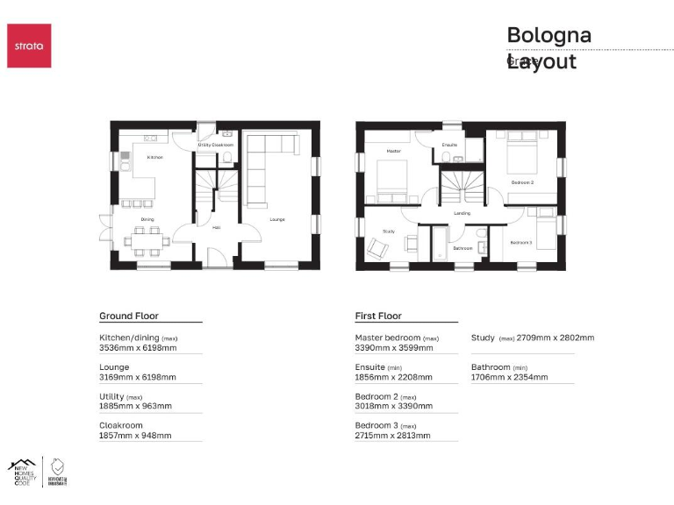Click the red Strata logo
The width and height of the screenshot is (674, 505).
point(29,46)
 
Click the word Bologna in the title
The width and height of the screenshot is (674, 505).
point(549,36)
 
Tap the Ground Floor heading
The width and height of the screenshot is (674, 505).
point(128,316)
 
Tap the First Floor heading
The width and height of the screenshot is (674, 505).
point(377,316)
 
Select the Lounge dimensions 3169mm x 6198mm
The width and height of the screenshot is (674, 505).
point(138,378)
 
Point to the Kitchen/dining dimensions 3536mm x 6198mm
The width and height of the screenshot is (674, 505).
point(138,348)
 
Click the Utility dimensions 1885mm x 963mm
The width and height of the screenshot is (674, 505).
point(135,407)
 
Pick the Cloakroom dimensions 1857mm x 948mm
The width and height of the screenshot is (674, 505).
point(135,436)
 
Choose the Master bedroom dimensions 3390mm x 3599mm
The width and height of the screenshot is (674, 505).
point(393,348)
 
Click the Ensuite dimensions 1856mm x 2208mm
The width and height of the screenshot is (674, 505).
point(393,378)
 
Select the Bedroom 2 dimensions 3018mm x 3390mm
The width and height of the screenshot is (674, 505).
point(393,407)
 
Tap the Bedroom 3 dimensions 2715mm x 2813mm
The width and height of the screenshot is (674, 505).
point(393,436)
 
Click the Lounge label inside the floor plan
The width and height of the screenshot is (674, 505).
point(277,219)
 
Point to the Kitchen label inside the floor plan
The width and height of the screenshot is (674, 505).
point(154,158)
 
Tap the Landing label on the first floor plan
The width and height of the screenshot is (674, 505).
point(462,213)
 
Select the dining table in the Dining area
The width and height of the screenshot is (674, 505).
point(146,238)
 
